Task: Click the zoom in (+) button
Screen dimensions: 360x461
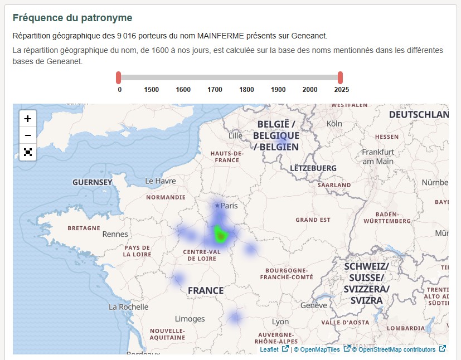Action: [28, 119]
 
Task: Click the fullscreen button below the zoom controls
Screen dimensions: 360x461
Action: [28, 152]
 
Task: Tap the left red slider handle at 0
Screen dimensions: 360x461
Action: [119, 77]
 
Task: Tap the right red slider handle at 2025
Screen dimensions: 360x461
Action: [340, 77]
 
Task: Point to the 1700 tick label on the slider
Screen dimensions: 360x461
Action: [215, 90]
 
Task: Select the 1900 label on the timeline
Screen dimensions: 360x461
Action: [278, 90]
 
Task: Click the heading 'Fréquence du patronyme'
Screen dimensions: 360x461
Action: [72, 18]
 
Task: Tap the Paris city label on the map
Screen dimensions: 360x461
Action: [229, 206]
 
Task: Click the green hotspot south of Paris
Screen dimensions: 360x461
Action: [221, 236]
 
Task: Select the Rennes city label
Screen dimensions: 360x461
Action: [115, 234]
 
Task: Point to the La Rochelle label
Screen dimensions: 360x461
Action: [128, 307]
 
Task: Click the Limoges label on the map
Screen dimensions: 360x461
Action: [190, 319]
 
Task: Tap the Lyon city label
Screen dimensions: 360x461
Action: [280, 322]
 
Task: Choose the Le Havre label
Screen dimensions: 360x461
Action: [161, 181]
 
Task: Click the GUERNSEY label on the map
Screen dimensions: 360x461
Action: [93, 182]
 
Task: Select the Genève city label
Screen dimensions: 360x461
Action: [313, 305]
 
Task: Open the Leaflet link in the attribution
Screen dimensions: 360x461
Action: [269, 349]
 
